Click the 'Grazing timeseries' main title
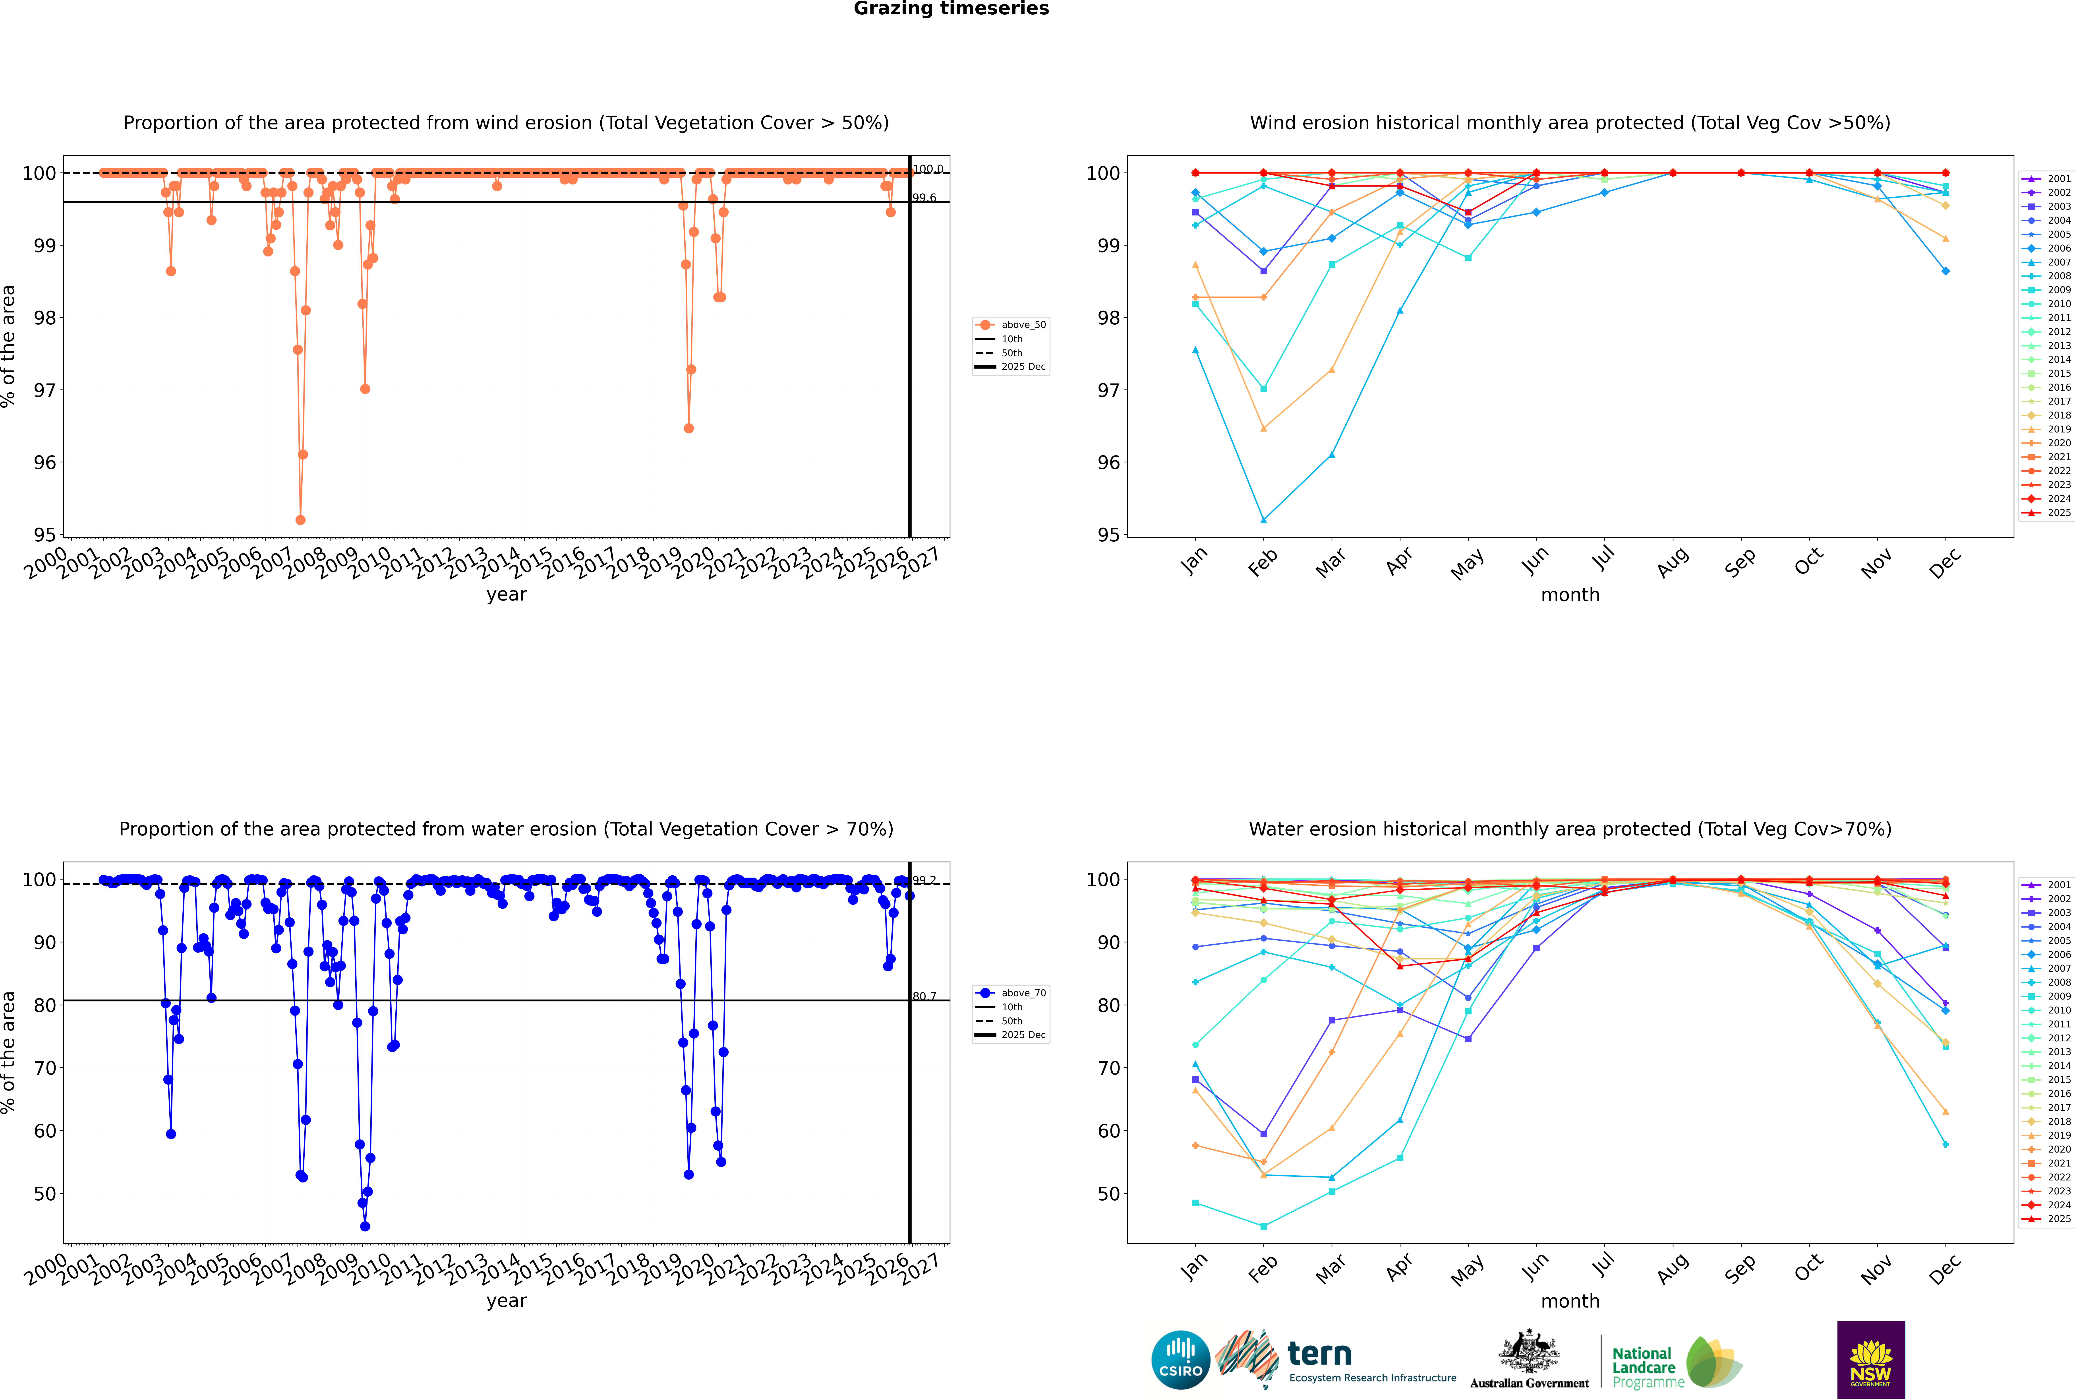tap(951, 9)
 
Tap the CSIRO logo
tap(1180, 1360)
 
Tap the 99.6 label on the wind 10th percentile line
tap(924, 198)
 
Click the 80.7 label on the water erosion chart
tap(924, 997)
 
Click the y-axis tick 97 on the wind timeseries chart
tap(44, 390)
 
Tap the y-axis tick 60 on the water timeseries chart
tap(44, 1130)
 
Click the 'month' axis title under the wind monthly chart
tap(1570, 595)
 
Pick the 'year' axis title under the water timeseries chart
tap(507, 1301)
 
